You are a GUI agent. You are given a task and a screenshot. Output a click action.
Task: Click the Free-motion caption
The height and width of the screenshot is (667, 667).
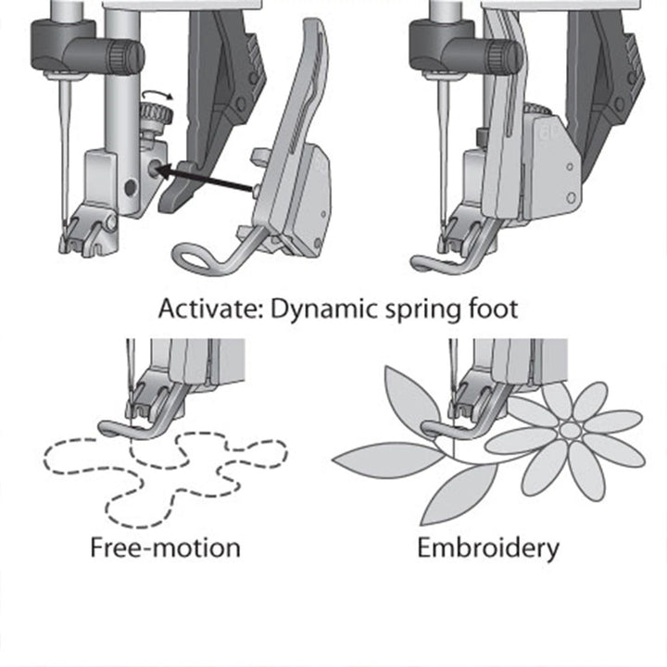[165, 547]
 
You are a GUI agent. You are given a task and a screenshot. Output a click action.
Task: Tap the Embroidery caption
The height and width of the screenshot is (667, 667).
[487, 547]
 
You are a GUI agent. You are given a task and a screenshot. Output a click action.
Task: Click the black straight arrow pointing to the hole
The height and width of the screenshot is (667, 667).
[206, 180]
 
